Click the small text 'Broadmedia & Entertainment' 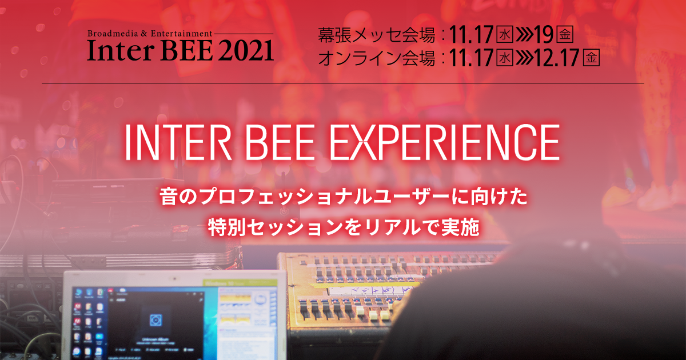point(150,34)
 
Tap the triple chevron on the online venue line point(524,58)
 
